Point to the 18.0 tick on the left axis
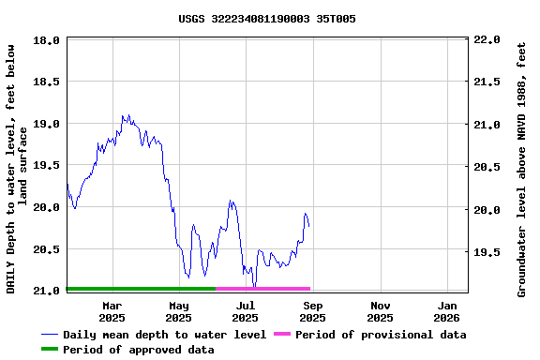pyautogui.click(x=47, y=40)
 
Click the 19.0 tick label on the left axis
pyautogui.click(x=47, y=124)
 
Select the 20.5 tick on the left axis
pyautogui.click(x=47, y=249)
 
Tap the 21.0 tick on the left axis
pyautogui.click(x=47, y=291)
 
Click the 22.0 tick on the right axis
pyautogui.click(x=487, y=40)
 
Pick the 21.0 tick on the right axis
pyautogui.click(x=487, y=125)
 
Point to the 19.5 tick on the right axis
pyautogui.click(x=487, y=252)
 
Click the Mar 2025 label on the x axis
pyautogui.click(x=112, y=311)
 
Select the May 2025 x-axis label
pyautogui.click(x=178, y=311)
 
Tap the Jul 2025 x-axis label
pyautogui.click(x=245, y=311)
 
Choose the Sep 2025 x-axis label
pyautogui.click(x=313, y=311)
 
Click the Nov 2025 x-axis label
pyautogui.click(x=381, y=311)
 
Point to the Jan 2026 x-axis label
pyautogui.click(x=447, y=311)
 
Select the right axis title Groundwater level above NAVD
pyautogui.click(x=522, y=169)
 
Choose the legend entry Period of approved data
pyautogui.click(x=138, y=350)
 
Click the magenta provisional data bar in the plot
pyautogui.click(x=262, y=289)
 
